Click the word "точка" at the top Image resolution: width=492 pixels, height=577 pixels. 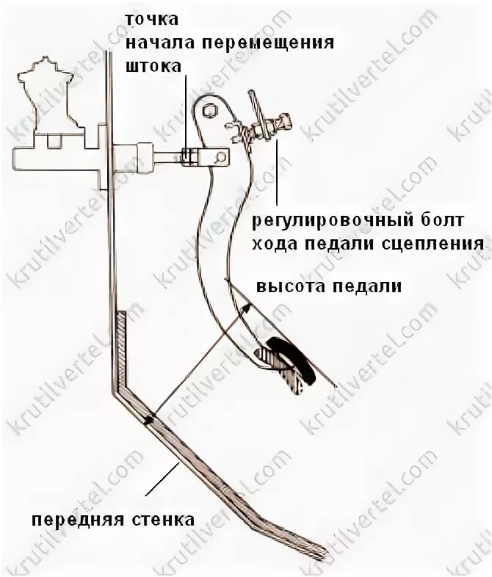(147, 19)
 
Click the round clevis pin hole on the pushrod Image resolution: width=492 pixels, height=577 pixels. (219, 156)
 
